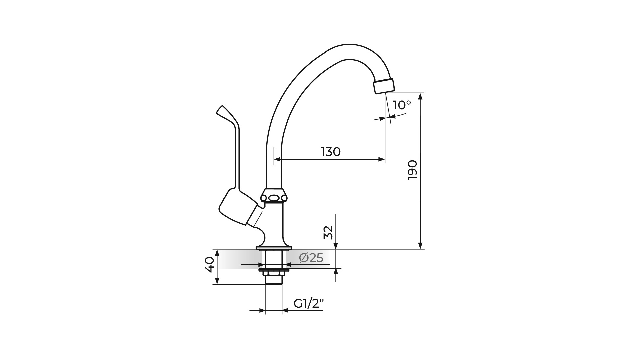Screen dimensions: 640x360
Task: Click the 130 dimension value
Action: point(331,152)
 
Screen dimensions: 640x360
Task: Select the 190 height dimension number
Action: point(412,170)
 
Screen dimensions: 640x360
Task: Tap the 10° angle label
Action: point(402,105)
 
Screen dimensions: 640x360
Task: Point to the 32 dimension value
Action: point(328,232)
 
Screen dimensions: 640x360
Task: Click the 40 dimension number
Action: point(209,265)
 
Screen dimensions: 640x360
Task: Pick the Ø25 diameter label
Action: point(311,258)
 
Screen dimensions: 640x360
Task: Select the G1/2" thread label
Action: point(309,303)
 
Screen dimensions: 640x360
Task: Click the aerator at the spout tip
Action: point(384,86)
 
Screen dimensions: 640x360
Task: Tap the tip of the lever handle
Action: point(220,108)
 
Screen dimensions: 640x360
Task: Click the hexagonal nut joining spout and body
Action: point(274,196)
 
